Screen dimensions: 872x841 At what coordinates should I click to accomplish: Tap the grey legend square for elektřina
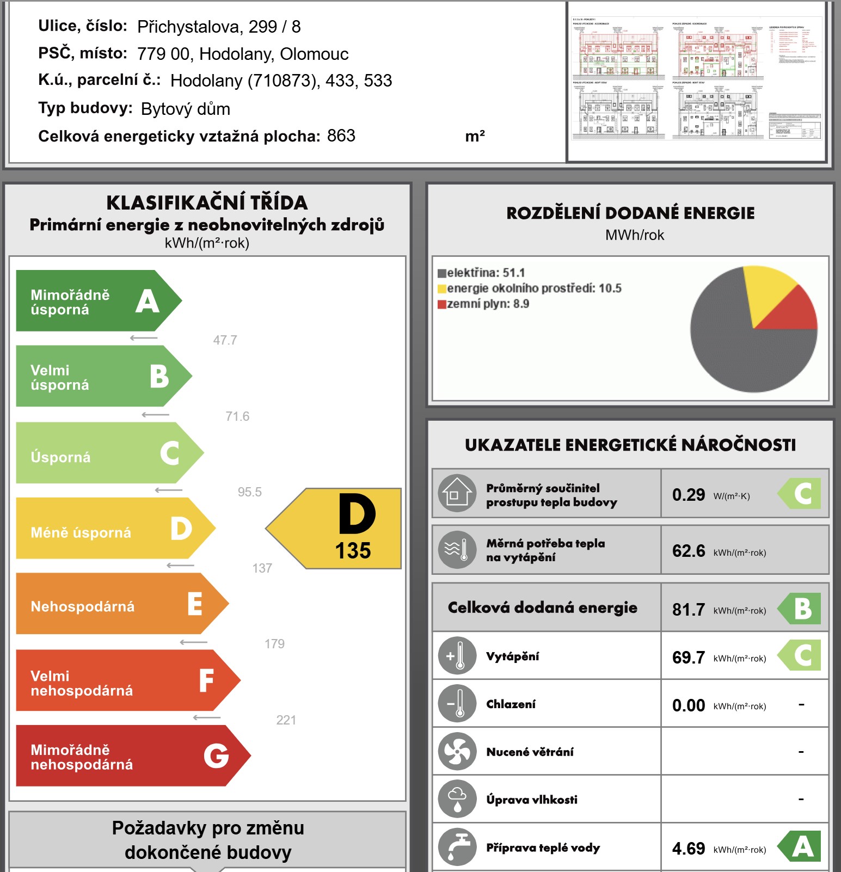coord(442,273)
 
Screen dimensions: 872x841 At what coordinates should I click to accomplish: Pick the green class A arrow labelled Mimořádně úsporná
coord(93,301)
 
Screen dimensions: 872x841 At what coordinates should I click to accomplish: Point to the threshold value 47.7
coord(225,340)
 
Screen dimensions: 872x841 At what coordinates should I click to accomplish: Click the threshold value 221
coord(286,720)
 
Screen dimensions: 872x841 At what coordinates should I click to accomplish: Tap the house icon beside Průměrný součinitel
coord(457,493)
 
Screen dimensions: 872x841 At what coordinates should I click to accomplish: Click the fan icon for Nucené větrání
coord(457,752)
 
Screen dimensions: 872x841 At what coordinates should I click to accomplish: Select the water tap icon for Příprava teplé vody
coord(457,847)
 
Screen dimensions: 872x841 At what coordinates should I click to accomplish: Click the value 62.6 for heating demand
coord(688,551)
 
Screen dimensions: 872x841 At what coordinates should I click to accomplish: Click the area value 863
coord(341,136)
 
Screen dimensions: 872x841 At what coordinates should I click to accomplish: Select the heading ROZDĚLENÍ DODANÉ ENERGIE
coord(630,213)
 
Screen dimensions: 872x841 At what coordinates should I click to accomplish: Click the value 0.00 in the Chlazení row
coord(688,705)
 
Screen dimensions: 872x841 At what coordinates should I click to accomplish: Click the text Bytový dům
coord(185,109)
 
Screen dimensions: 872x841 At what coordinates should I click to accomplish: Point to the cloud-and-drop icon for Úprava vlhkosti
coord(457,799)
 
